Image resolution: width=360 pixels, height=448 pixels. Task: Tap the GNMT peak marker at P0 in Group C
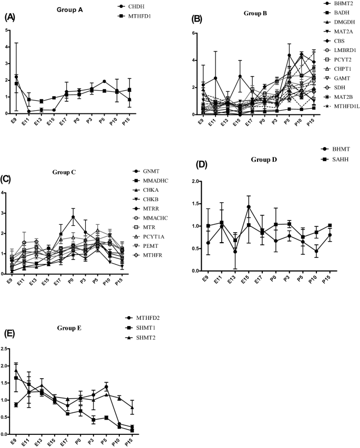pyautogui.click(x=74, y=217)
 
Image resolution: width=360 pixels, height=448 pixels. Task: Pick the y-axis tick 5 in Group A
pyautogui.click(x=5, y=30)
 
